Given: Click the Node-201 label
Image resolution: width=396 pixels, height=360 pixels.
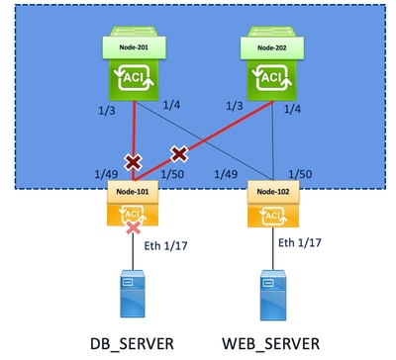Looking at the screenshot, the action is (134, 47).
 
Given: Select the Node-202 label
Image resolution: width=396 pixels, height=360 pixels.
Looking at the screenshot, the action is (272, 47).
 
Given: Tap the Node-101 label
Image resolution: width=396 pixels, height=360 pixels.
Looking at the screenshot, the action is (133, 192).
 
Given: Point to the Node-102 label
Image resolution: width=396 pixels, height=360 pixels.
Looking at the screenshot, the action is (273, 192).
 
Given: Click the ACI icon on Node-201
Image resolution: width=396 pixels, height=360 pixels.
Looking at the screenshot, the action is (134, 78).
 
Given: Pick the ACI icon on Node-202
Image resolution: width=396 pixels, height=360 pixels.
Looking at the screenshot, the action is (272, 78).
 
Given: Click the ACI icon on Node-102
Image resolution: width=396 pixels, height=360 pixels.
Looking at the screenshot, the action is (273, 216).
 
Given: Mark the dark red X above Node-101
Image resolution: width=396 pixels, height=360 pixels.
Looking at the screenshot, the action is (133, 162).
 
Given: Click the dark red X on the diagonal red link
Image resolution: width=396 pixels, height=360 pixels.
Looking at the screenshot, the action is (179, 153).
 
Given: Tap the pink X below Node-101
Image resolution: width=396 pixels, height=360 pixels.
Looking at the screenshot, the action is (134, 227).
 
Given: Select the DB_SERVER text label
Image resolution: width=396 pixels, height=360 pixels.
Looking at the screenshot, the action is (132, 344).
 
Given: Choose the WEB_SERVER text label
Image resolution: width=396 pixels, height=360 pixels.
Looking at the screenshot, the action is (271, 344).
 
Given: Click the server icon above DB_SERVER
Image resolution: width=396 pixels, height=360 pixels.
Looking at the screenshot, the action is (133, 294).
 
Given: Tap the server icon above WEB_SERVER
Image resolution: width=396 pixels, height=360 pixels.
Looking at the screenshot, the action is (273, 295).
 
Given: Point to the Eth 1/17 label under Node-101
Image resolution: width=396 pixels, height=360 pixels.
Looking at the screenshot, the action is (165, 245).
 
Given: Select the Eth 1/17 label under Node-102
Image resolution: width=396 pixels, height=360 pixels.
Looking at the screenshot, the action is (300, 243).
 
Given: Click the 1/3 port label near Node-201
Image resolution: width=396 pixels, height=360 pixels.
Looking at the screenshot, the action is (107, 111).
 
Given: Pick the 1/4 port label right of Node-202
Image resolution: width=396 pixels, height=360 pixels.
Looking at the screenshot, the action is (292, 109).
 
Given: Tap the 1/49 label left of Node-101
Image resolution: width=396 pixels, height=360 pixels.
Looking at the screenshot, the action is (106, 174).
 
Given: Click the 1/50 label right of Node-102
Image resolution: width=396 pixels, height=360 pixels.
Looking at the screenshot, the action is (300, 174).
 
